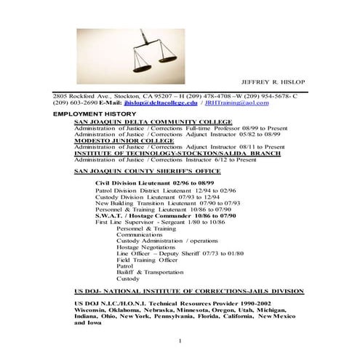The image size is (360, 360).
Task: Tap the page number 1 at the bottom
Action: (180, 341)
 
